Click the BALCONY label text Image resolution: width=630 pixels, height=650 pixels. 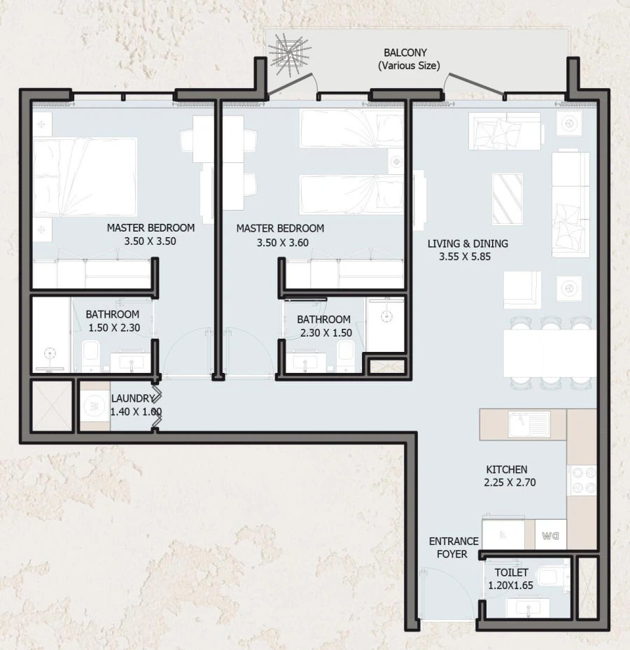(x=405, y=53)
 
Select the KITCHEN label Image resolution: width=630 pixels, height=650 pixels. (x=507, y=469)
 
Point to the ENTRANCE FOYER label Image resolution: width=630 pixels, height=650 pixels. (x=454, y=548)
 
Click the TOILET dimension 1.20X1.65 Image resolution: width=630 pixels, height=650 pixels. (x=511, y=586)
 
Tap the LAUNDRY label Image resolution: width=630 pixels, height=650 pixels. (x=132, y=399)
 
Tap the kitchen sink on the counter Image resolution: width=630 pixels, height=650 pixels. (x=529, y=423)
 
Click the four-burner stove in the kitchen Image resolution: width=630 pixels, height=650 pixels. (x=582, y=480)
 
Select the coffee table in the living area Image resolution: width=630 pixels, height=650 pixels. (x=507, y=197)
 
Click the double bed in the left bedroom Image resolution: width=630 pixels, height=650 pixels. (x=85, y=176)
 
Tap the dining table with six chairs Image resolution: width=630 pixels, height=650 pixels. (x=549, y=353)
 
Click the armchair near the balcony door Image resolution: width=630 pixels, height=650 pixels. (x=504, y=130)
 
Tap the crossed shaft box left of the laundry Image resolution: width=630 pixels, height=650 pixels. (x=51, y=407)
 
